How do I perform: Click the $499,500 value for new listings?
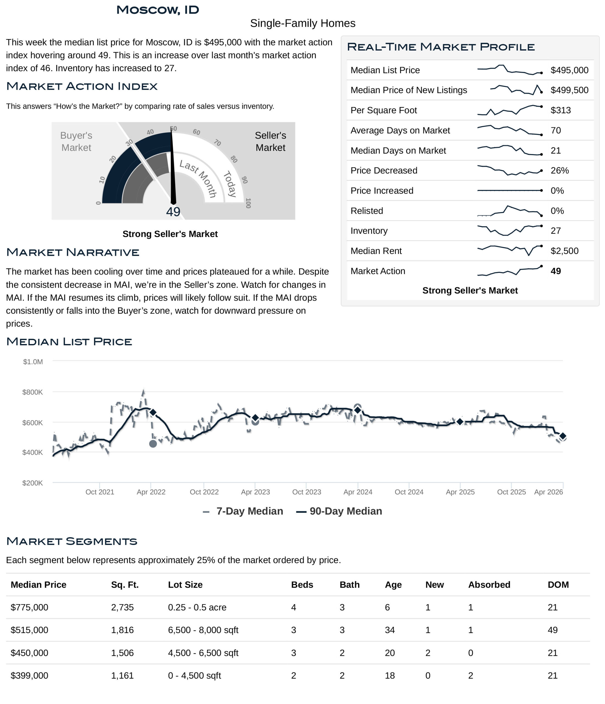569,90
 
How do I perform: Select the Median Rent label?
376,251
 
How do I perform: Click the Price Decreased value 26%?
559,170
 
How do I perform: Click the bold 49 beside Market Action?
556,271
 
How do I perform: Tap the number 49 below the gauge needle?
173,212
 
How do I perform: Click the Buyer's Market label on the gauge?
76,141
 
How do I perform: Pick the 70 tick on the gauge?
217,143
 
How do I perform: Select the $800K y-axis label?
33,392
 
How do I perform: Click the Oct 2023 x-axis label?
306,492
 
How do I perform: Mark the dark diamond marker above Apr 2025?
460,421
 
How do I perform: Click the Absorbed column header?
489,584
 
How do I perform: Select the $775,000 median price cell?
30,607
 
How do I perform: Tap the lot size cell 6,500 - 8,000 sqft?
203,630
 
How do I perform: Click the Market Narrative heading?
73,252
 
